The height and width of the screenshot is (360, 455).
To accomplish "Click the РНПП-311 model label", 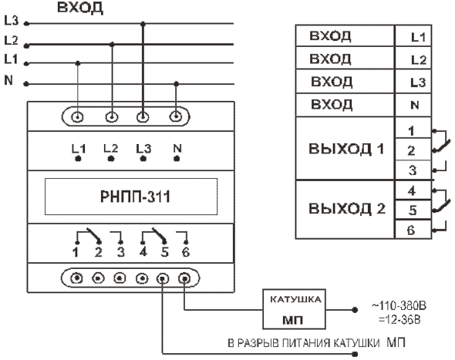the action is [135, 197].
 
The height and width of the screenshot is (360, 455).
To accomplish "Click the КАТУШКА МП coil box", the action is [295, 309].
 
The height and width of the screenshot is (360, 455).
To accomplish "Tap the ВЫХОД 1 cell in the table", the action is [345, 149].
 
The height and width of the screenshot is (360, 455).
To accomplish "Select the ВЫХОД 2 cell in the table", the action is [345, 209].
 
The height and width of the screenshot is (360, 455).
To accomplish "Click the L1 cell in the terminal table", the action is [413, 35].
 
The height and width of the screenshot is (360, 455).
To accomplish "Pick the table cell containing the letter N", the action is [413, 105].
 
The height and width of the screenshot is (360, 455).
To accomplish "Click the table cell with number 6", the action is [413, 230].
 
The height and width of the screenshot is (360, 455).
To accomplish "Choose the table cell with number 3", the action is [413, 170].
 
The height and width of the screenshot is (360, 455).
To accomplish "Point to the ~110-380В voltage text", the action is [399, 306].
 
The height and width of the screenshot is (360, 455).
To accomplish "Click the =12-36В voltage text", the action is [399, 320].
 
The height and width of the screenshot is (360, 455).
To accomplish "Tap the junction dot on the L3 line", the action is [143, 24].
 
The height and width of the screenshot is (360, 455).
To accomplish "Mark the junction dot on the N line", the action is [176, 84].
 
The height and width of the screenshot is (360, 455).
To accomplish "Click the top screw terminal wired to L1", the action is [77, 117].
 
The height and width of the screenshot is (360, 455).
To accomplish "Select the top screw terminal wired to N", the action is [176, 117].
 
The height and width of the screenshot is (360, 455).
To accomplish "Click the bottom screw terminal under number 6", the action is [184, 279].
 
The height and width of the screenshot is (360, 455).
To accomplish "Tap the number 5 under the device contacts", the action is [164, 252].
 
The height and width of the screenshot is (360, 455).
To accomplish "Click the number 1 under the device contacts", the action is [76, 252].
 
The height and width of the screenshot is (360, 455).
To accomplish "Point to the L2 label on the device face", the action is [111, 149].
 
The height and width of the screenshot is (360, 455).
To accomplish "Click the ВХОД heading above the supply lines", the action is [80, 8].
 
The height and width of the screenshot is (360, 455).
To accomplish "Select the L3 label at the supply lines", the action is [12, 20].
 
